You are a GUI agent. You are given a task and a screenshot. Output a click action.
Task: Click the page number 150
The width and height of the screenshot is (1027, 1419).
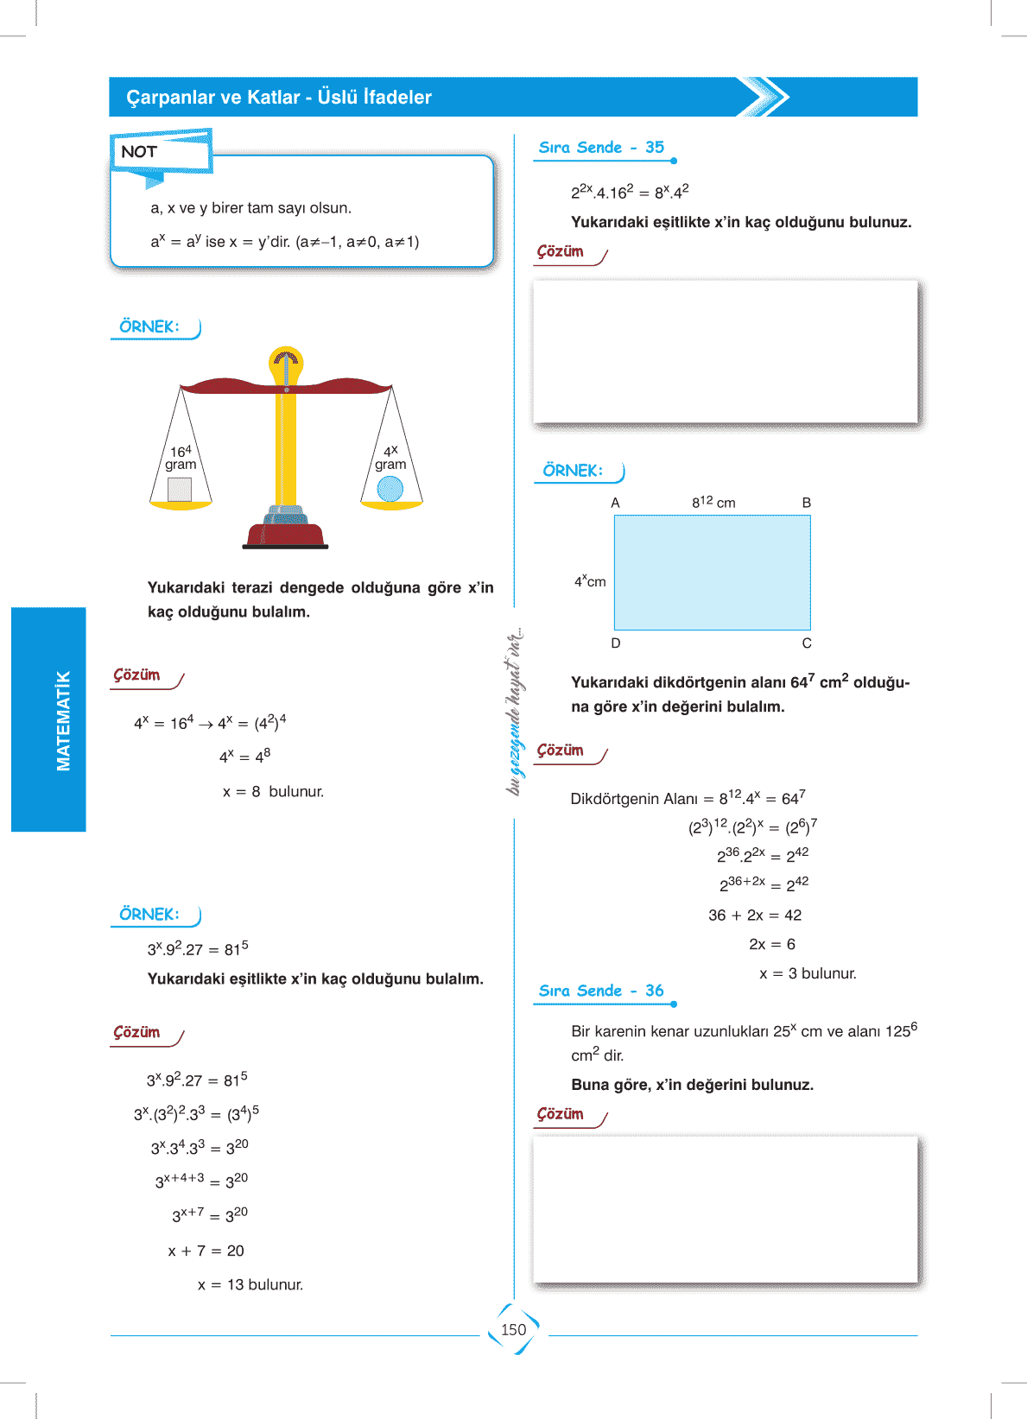(x=513, y=1330)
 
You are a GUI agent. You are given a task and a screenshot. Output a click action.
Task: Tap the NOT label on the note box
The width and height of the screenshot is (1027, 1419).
(x=139, y=152)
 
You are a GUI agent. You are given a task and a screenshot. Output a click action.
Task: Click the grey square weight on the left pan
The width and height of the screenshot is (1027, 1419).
(x=180, y=489)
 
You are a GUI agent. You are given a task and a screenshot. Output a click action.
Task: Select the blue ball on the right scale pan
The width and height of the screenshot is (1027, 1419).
(x=390, y=489)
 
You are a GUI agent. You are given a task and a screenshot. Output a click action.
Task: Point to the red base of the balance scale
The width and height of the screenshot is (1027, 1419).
(x=285, y=534)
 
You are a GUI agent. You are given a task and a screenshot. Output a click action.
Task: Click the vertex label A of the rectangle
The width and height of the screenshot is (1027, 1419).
(x=615, y=503)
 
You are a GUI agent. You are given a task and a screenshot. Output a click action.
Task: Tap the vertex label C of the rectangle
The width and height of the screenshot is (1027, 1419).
(x=807, y=643)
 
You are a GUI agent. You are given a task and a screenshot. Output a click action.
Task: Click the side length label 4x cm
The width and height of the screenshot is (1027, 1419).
(x=590, y=581)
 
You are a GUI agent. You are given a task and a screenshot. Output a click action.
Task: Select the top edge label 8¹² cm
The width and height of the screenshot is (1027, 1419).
(x=713, y=502)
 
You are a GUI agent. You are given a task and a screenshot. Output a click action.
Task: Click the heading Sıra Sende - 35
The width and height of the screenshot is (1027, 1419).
(x=601, y=148)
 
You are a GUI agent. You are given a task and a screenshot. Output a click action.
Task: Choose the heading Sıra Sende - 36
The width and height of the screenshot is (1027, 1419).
(x=601, y=991)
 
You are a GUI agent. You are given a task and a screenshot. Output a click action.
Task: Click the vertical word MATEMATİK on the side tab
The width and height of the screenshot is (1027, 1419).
(x=63, y=720)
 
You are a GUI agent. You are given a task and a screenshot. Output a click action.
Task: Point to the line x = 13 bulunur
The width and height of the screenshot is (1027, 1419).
(x=250, y=1285)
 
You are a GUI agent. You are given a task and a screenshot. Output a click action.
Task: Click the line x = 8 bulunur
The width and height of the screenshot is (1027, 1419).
(x=273, y=792)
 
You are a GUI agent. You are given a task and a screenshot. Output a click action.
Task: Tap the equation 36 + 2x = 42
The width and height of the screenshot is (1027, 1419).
(x=755, y=915)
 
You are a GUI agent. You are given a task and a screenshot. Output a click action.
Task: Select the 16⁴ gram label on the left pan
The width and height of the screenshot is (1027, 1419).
(x=181, y=458)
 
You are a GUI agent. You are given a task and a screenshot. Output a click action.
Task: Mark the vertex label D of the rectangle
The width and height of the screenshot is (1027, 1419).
(x=616, y=643)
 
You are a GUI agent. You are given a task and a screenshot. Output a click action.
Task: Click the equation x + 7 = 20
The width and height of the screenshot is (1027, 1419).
(x=206, y=1251)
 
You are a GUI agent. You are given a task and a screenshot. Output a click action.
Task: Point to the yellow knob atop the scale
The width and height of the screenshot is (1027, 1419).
(x=286, y=363)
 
